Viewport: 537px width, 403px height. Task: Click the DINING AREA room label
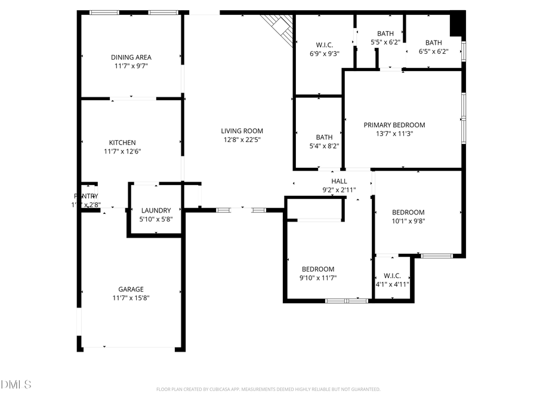(131, 57)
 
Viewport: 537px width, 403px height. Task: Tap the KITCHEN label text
(122, 143)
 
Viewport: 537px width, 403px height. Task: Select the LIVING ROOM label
(242, 131)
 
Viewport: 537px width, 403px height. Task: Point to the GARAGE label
(131, 290)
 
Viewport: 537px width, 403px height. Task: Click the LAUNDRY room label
(156, 210)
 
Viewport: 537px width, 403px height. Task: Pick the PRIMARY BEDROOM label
(394, 125)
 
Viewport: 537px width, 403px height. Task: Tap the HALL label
(339, 181)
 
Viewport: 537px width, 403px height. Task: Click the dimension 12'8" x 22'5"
(242, 140)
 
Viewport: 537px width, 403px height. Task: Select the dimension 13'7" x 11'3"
(394, 134)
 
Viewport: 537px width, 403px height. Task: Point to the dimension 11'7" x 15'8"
(131, 298)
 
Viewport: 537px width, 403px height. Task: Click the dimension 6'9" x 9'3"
(324, 54)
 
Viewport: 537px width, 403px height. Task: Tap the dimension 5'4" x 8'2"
(324, 146)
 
